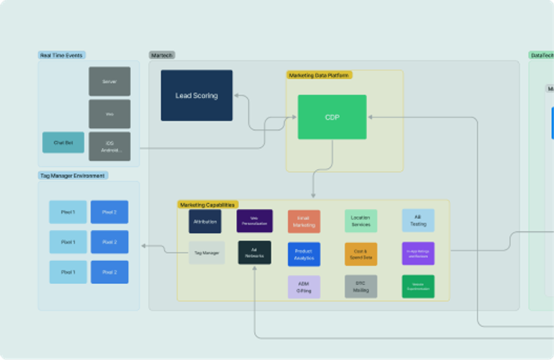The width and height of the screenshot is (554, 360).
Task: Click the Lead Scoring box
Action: pyautogui.click(x=197, y=96)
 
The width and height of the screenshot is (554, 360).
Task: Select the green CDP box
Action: pyautogui.click(x=332, y=117)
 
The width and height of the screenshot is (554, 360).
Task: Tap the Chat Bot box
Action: pyautogui.click(x=63, y=143)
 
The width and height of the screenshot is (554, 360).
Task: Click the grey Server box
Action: pyautogui.click(x=109, y=81)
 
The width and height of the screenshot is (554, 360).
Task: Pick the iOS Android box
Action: pyautogui.click(x=109, y=146)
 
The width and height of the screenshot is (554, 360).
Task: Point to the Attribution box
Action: pyautogui.click(x=205, y=222)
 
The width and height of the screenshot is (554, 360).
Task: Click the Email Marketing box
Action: pyautogui.click(x=304, y=222)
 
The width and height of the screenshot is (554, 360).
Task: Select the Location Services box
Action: pyautogui.click(x=361, y=222)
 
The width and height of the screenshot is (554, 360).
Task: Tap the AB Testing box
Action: pyautogui.click(x=418, y=221)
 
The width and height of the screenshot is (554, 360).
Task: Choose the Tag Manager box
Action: pyautogui.click(x=206, y=253)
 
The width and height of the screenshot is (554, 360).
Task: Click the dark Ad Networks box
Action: pyautogui.click(x=254, y=253)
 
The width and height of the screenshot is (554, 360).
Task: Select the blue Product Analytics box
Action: pyautogui.click(x=304, y=254)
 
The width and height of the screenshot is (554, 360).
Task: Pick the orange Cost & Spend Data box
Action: pyautogui.click(x=361, y=254)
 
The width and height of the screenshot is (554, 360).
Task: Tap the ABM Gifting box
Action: pyautogui.click(x=304, y=287)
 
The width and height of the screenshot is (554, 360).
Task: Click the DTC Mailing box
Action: pyautogui.click(x=361, y=287)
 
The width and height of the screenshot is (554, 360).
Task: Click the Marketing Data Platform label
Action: pyautogui.click(x=319, y=75)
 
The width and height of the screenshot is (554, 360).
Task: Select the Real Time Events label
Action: pyautogui.click(x=62, y=55)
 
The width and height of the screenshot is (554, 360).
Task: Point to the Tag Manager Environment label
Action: pyautogui.click(x=72, y=176)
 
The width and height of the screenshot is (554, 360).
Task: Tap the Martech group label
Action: pyautogui.click(x=162, y=55)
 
